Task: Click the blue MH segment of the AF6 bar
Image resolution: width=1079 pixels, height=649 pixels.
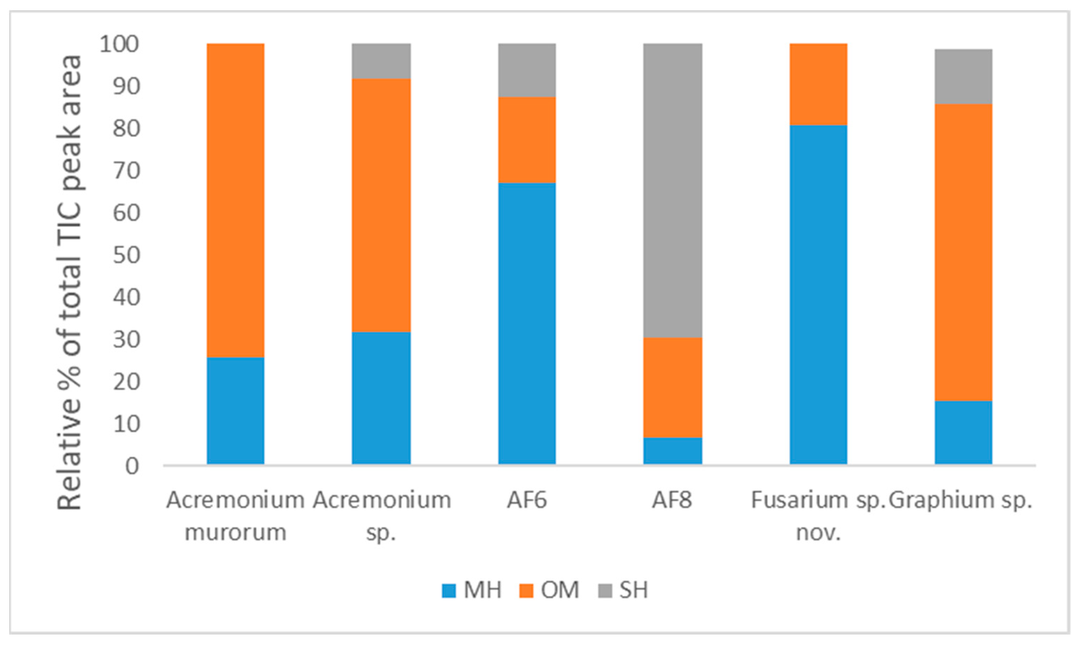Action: click(527, 323)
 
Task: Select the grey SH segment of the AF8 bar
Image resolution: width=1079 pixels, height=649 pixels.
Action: click(673, 190)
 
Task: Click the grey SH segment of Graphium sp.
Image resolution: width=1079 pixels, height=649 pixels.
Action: click(963, 76)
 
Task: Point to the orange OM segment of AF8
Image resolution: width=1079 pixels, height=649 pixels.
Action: click(673, 387)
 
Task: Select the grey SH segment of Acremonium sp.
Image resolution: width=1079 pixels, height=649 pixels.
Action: click(381, 61)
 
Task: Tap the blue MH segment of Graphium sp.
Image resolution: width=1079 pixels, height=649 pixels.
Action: click(963, 432)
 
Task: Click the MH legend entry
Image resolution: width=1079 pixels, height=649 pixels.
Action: click(471, 590)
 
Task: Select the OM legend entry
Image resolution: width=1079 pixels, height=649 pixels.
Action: click(549, 590)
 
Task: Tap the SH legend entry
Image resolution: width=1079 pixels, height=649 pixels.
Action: click(623, 590)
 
